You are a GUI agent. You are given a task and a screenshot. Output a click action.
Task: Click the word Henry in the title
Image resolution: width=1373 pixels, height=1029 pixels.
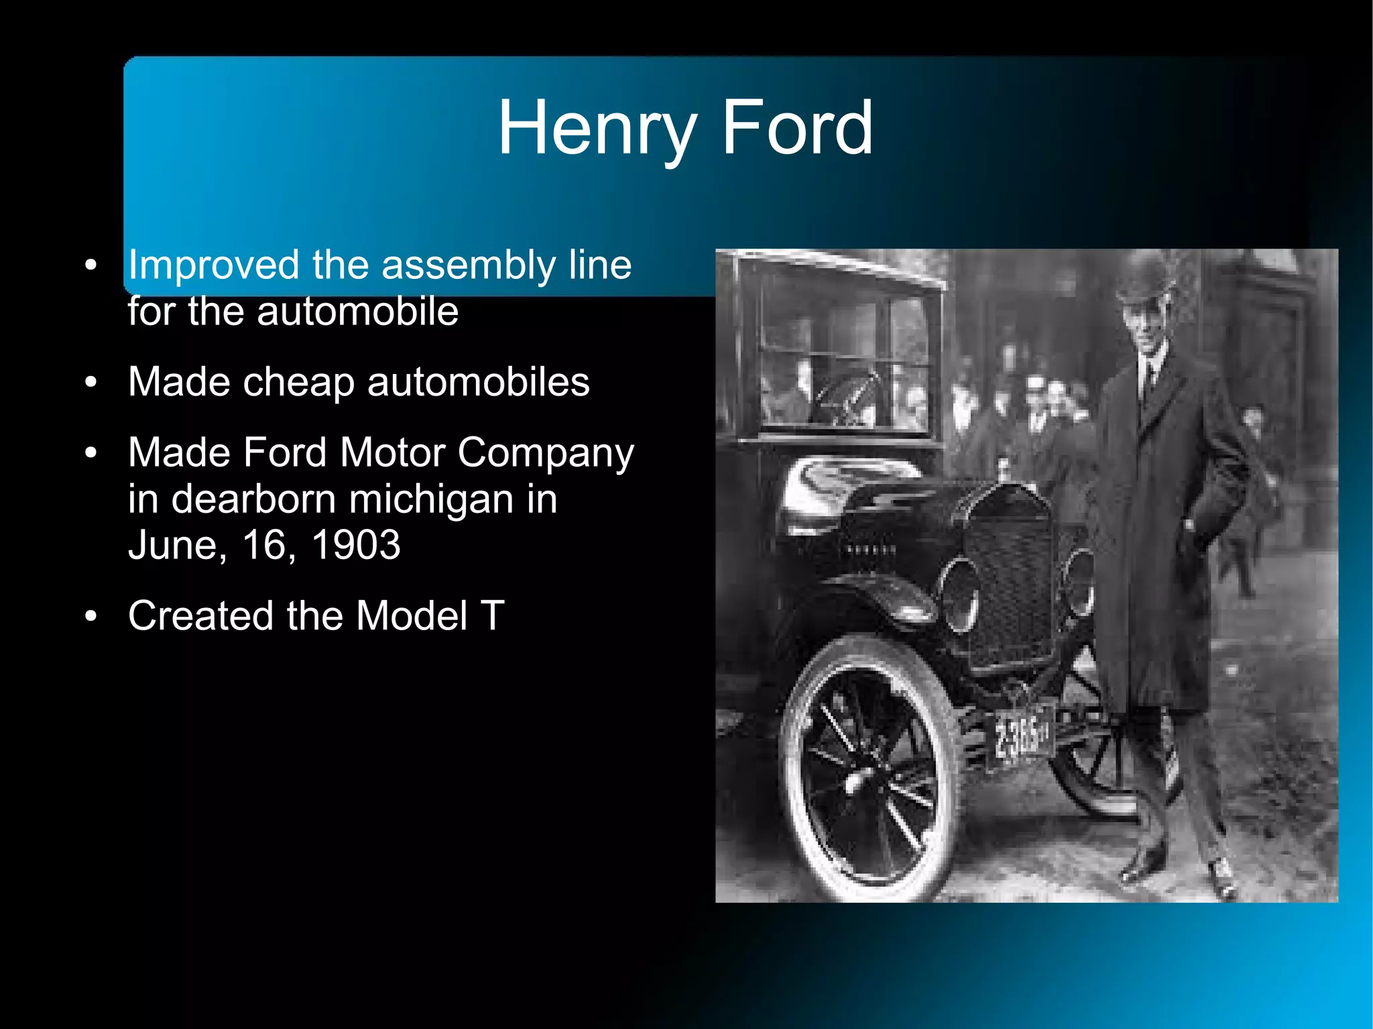[597, 128]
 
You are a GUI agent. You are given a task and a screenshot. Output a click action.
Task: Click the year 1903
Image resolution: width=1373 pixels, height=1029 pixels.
[356, 545]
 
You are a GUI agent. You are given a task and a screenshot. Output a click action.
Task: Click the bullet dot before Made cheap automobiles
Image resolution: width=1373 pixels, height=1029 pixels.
[91, 383]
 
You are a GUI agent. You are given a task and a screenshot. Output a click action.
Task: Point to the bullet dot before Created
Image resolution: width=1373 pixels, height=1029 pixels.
[91, 615]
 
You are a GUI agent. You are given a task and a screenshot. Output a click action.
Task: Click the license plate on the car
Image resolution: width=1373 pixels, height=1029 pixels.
[1022, 735]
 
